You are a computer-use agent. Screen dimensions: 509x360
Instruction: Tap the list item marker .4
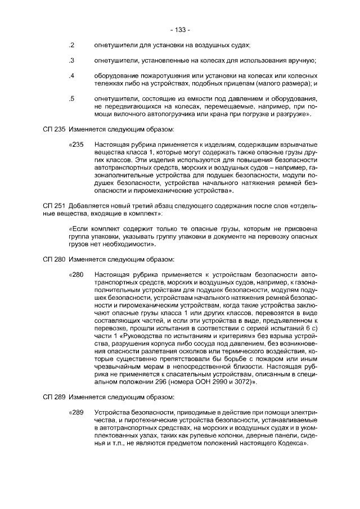click(x=71, y=76)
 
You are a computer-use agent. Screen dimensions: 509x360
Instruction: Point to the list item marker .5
click(x=71, y=99)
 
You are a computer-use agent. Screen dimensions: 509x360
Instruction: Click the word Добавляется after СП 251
click(x=88, y=206)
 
